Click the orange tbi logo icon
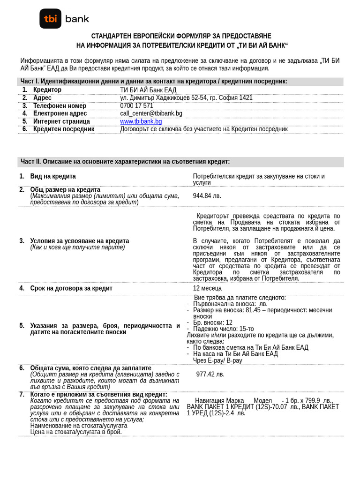[50, 19]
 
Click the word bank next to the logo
[77, 19]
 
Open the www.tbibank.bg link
[141, 121]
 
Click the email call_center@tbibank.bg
[151, 113]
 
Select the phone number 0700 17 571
[136, 106]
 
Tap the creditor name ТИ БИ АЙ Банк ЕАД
[148, 90]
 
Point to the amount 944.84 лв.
[207, 196]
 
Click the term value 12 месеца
[207, 288]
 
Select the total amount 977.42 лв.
[210, 375]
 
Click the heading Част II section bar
[125, 162]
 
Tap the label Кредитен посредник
[63, 129]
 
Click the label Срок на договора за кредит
[71, 288]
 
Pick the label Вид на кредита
[53, 176]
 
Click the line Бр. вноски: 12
[212, 322]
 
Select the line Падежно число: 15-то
[223, 329]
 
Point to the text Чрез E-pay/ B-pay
[217, 360]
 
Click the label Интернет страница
[61, 121]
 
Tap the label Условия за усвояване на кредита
[79, 241]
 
